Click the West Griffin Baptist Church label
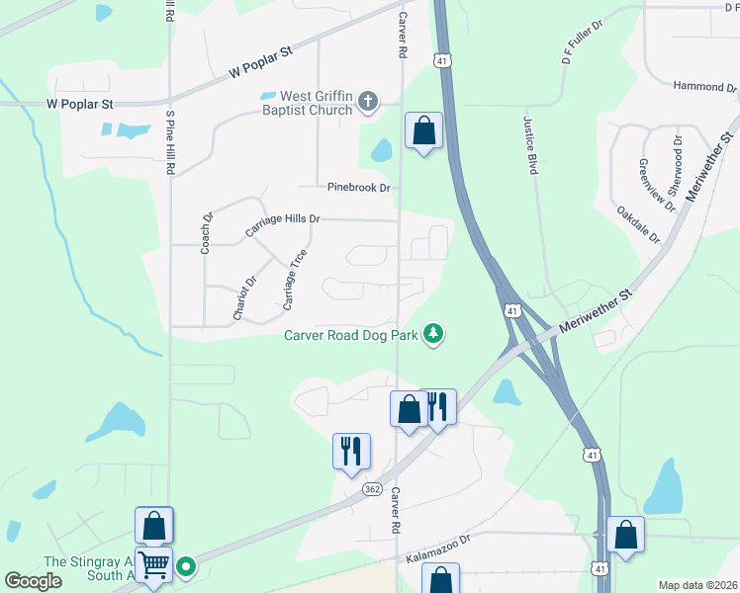pyautogui.click(x=317, y=103)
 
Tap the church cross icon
pyautogui.click(x=368, y=101)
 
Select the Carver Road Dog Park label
pyautogui.click(x=350, y=335)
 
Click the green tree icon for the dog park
pyautogui.click(x=432, y=335)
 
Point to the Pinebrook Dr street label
pyautogui.click(x=359, y=187)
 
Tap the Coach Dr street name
pyautogui.click(x=207, y=233)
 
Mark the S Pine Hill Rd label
pyautogui.click(x=170, y=142)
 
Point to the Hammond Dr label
pyautogui.click(x=704, y=87)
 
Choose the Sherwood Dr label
pyautogui.click(x=675, y=169)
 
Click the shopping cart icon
pyautogui.click(x=153, y=566)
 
